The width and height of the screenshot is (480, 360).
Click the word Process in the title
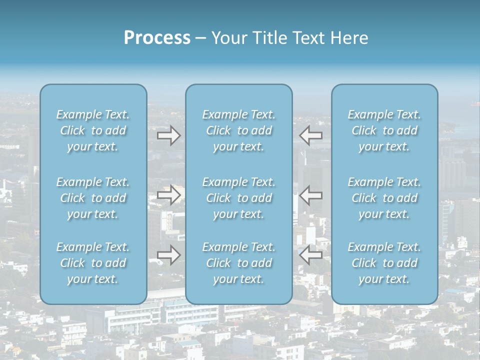[x=157, y=38]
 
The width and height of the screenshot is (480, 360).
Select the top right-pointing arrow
[x=168, y=135]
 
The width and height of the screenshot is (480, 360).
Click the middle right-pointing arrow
[x=168, y=194]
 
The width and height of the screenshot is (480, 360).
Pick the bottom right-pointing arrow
[x=168, y=255]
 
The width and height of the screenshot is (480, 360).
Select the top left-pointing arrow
[x=311, y=135]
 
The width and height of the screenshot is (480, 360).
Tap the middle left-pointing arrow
[x=311, y=194]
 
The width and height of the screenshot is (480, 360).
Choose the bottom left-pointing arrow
[x=311, y=255]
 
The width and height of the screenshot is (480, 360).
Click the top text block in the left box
[x=93, y=130]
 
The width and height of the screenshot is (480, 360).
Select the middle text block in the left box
[x=93, y=198]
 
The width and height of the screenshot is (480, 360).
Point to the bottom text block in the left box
[x=93, y=263]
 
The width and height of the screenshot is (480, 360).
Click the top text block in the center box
[x=238, y=130]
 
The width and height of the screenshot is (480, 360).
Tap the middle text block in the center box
[x=238, y=198]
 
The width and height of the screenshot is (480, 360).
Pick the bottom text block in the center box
[x=238, y=263]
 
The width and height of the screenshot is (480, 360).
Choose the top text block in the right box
[x=384, y=130]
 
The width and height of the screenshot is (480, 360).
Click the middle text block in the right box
[x=384, y=198]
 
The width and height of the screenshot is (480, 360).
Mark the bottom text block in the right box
[x=384, y=263]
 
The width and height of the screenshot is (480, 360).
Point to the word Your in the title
[x=228, y=38]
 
